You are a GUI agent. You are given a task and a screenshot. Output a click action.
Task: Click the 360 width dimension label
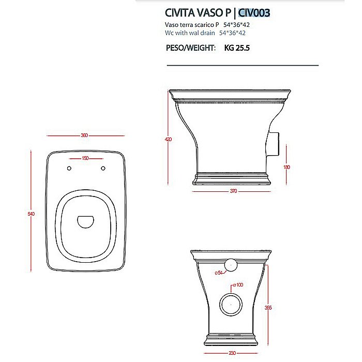(84, 135)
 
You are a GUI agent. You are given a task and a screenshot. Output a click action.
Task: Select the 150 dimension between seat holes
(85, 158)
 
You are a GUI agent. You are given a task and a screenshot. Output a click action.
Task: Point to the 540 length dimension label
(32, 214)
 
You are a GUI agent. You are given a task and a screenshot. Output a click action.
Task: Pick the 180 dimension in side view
(287, 167)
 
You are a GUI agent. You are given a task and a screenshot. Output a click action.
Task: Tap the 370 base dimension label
(233, 191)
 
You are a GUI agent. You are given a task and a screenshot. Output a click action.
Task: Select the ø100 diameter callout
(238, 285)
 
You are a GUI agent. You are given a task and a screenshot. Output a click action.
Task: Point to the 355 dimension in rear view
(268, 308)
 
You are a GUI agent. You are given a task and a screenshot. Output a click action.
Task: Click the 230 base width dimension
(232, 353)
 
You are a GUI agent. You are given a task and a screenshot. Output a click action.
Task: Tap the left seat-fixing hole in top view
(68, 168)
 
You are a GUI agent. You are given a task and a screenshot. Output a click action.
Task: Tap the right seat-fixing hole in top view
(103, 168)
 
